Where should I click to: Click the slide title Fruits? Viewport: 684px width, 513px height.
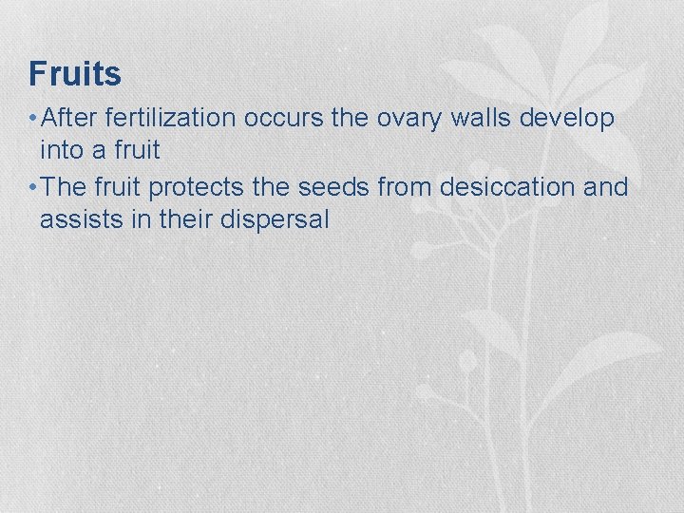click(x=75, y=73)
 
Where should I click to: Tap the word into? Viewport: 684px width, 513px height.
click(x=59, y=150)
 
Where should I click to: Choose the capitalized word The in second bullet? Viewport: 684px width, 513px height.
click(x=65, y=187)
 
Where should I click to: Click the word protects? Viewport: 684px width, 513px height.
click(x=207, y=188)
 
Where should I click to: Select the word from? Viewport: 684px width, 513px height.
click(x=406, y=187)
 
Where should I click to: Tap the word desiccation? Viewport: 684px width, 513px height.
click(x=508, y=187)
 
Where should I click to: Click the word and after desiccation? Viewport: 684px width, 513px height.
click(x=606, y=187)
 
